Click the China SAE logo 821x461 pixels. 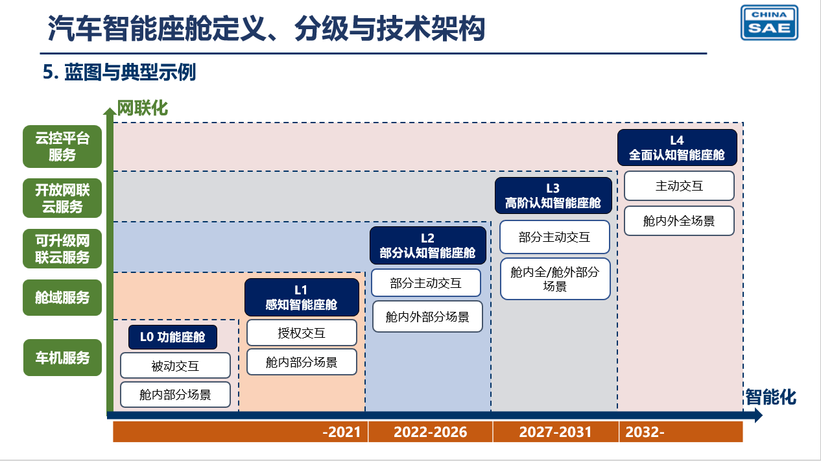click(769, 22)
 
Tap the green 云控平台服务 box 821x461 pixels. click(62, 147)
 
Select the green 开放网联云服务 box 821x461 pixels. click(62, 198)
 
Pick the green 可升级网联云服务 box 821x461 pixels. click(62, 249)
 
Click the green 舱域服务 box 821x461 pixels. click(62, 298)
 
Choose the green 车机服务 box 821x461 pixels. click(62, 357)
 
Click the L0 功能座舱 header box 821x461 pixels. click(173, 337)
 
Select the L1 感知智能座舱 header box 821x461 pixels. click(302, 297)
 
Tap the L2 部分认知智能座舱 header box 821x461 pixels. click(428, 245)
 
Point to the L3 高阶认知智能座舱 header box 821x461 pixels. click(553, 195)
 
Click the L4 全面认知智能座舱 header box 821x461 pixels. click(677, 147)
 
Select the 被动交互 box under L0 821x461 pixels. click(175, 365)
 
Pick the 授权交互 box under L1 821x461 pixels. click(302, 333)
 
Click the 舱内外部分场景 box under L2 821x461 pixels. click(427, 316)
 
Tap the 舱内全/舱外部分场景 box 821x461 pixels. click(555, 279)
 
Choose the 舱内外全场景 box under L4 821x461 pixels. click(679, 220)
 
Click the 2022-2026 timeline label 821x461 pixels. click(431, 432)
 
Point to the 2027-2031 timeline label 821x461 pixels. click(555, 432)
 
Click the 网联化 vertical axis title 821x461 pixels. click(143, 108)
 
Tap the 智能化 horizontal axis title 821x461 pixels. click(771, 397)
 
